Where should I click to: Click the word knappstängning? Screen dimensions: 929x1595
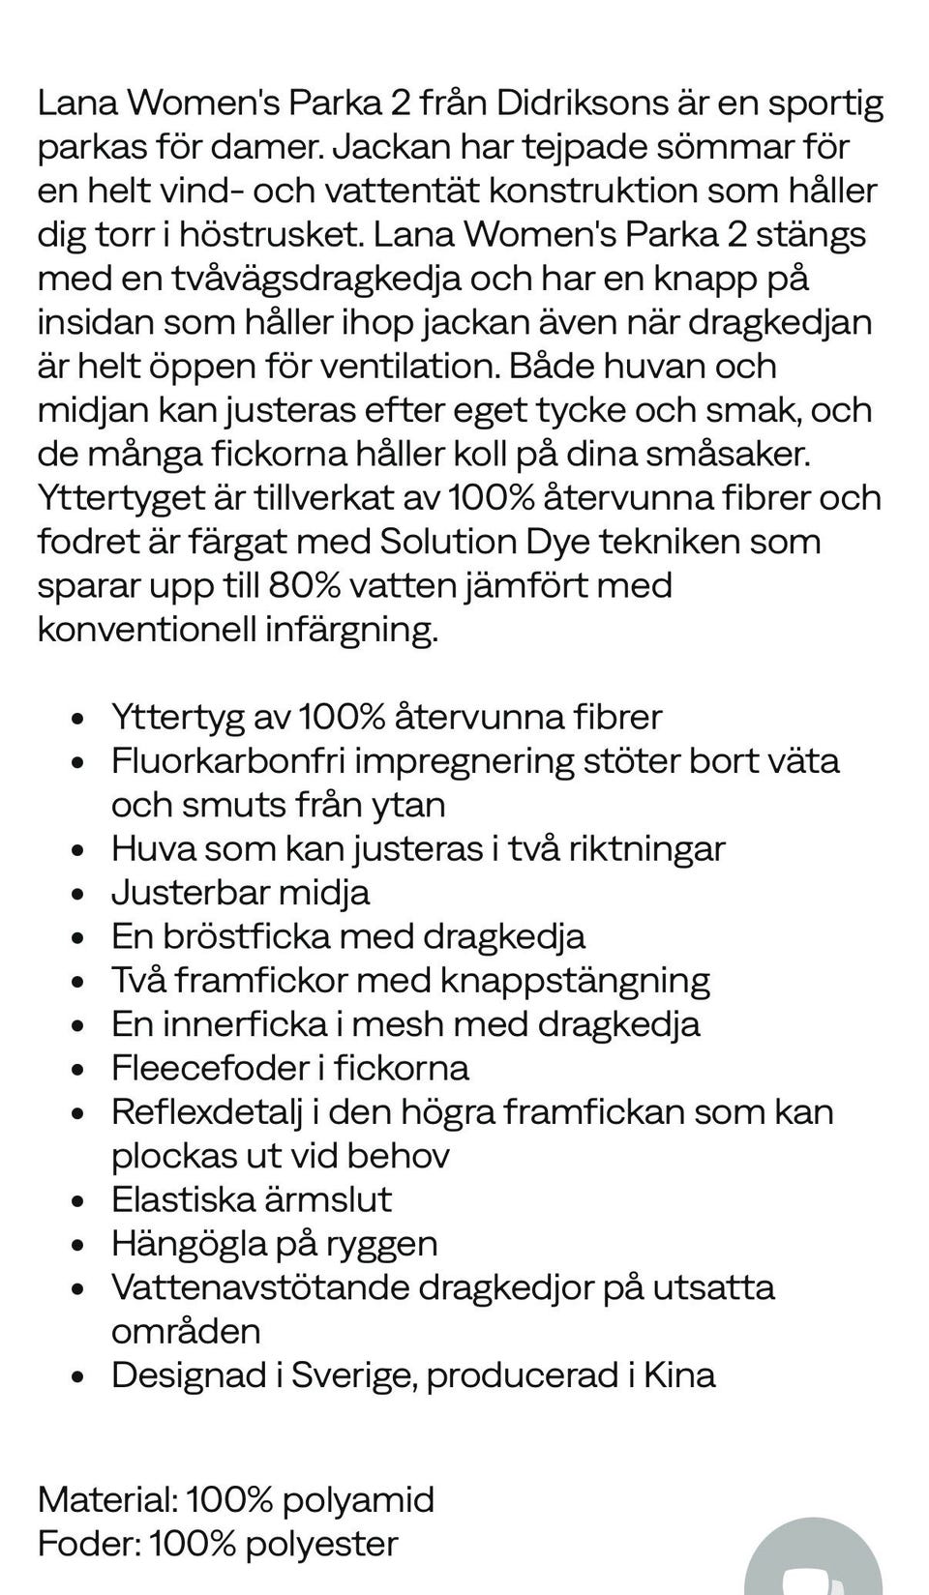(x=575, y=980)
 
